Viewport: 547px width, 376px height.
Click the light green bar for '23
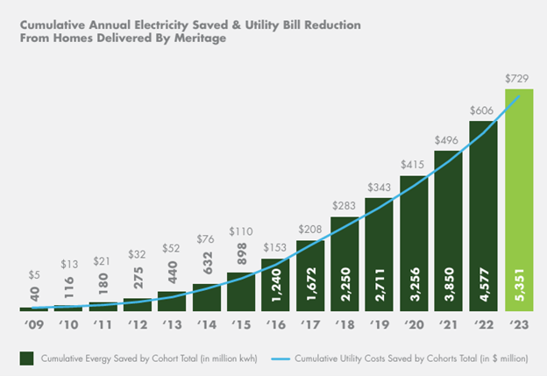click(x=519, y=200)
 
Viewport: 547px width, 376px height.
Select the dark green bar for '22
click(x=483, y=216)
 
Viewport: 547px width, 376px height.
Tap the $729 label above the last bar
click(x=516, y=79)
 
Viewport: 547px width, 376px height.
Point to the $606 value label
click(x=481, y=110)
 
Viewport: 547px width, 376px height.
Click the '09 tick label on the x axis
click(x=34, y=324)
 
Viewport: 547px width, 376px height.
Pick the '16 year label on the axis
click(x=275, y=324)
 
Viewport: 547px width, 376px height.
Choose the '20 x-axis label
click(x=414, y=324)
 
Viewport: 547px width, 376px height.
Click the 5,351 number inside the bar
click(x=519, y=285)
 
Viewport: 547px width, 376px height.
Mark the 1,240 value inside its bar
click(x=275, y=285)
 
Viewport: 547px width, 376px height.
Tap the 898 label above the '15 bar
click(x=241, y=253)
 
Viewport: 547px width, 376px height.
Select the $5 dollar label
click(x=34, y=275)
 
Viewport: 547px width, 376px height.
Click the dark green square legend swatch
click(x=26, y=358)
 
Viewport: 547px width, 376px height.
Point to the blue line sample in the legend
click(x=281, y=358)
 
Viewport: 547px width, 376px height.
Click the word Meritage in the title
click(x=200, y=38)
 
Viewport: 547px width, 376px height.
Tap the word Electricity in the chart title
click(x=162, y=25)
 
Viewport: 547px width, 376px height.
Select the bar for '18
click(x=345, y=264)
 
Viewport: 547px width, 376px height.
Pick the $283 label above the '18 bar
click(x=344, y=205)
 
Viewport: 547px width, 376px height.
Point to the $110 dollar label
click(x=241, y=231)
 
